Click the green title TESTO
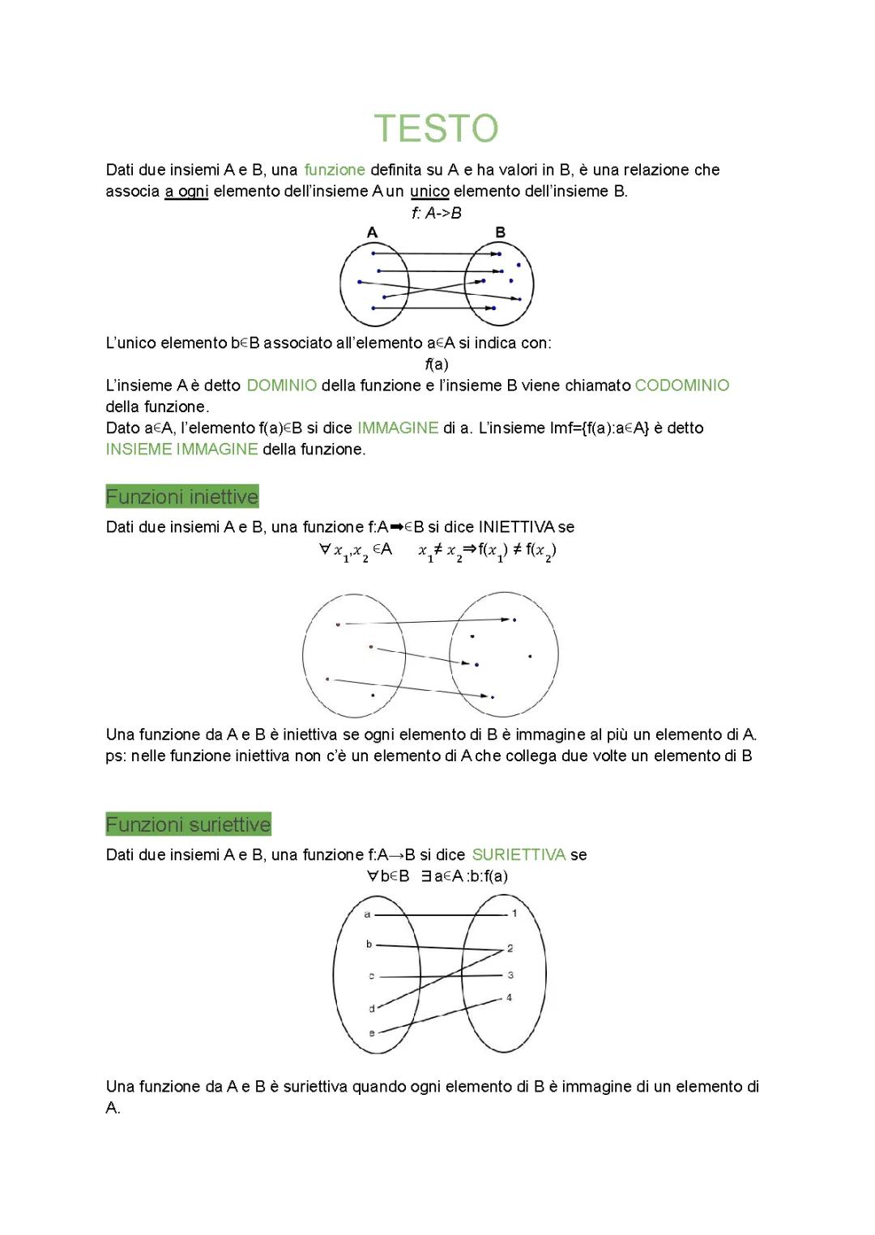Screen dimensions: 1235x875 click(x=436, y=129)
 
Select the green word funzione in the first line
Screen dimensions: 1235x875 click(x=335, y=170)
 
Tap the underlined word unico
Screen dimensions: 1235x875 click(x=429, y=191)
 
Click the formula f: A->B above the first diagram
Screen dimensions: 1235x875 click(x=436, y=213)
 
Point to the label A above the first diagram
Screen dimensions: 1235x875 click(x=372, y=232)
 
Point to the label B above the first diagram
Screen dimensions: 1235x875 click(x=500, y=232)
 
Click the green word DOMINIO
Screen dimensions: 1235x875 click(x=281, y=385)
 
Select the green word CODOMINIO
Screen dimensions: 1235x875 click(x=681, y=385)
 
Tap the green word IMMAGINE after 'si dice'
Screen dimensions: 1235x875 click(x=397, y=428)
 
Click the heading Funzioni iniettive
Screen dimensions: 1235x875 click(x=182, y=496)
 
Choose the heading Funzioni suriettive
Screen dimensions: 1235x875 click(x=188, y=824)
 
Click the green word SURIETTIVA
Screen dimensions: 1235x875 click(x=519, y=854)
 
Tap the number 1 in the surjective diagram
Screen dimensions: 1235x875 click(x=514, y=913)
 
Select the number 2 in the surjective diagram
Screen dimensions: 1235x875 click(x=510, y=948)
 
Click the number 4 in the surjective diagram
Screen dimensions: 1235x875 click(x=510, y=998)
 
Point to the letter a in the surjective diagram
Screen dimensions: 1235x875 click(x=367, y=914)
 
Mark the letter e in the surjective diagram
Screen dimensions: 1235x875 click(x=372, y=1033)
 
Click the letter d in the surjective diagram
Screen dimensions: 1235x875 click(x=372, y=1009)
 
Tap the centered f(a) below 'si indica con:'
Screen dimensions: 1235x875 click(x=437, y=364)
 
